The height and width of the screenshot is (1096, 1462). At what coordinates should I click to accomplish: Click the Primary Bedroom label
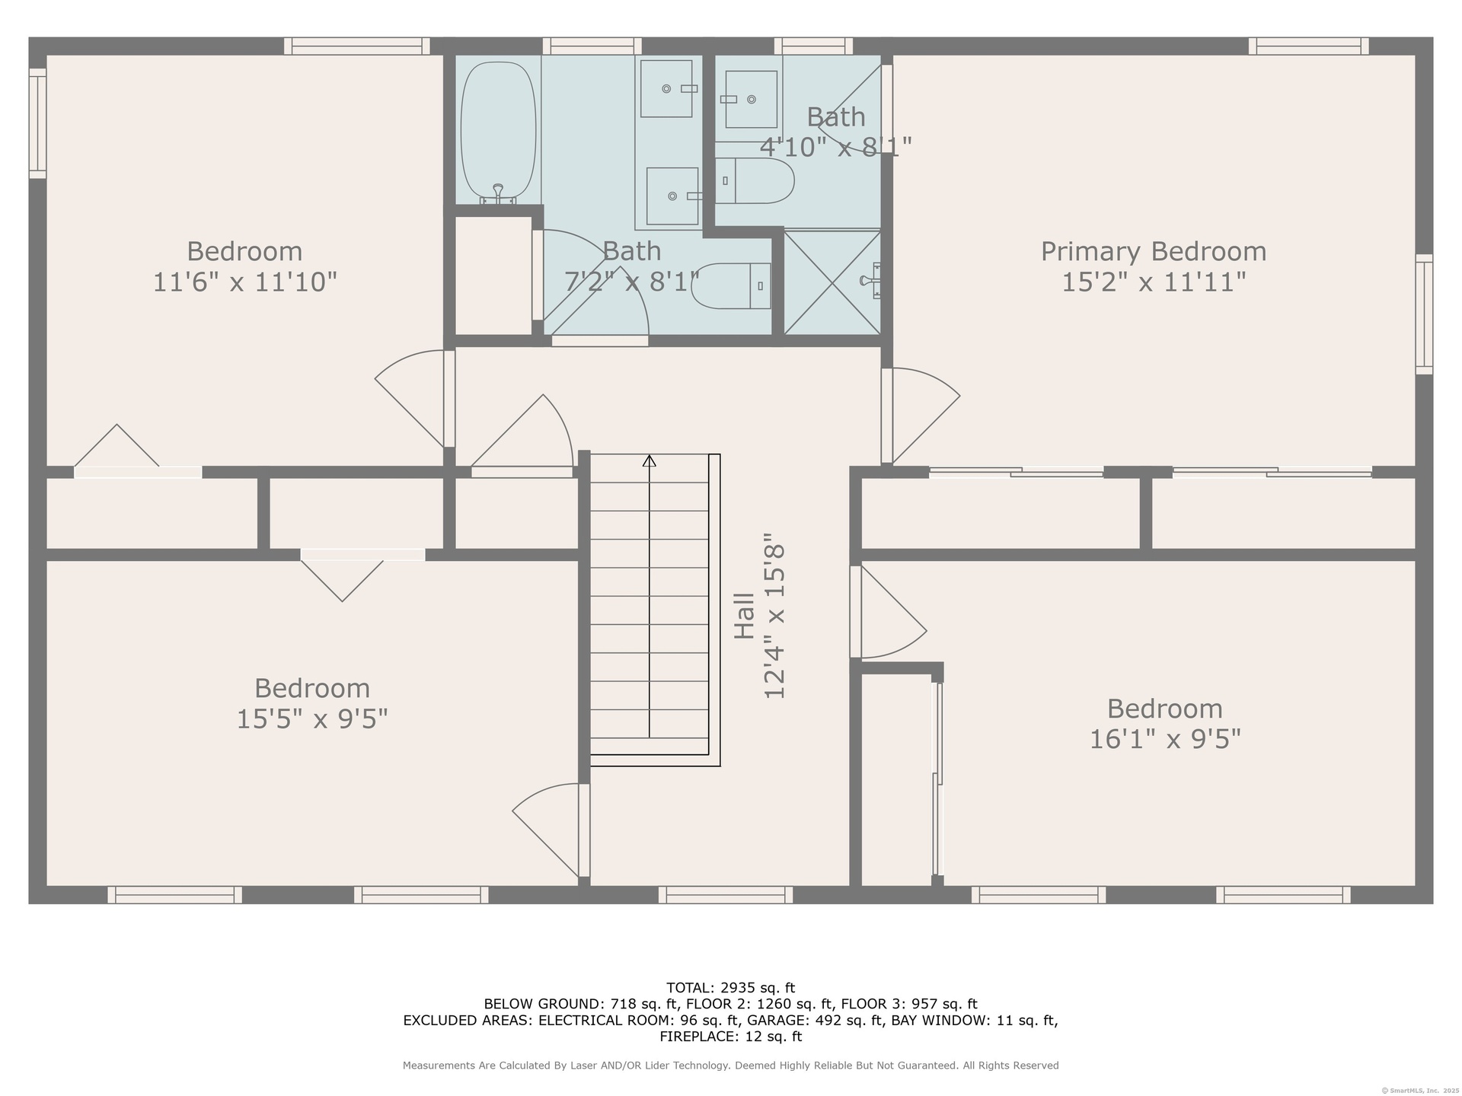pos(1154,251)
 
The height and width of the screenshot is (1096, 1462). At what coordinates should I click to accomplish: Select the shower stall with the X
pos(832,282)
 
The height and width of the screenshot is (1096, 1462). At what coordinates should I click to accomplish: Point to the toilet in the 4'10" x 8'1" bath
pos(755,180)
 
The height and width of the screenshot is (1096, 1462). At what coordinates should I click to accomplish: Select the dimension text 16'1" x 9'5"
pos(1165,739)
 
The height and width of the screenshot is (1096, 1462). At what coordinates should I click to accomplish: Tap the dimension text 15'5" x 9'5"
pos(312,718)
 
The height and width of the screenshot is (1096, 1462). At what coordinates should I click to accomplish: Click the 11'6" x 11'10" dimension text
pos(244,282)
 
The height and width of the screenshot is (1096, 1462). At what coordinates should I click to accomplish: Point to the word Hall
pos(744,616)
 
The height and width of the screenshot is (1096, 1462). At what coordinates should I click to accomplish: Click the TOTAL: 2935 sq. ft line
pos(731,988)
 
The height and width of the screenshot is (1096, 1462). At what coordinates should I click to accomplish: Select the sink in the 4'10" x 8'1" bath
pos(751,99)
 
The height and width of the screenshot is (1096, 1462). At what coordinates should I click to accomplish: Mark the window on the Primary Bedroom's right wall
pos(1424,314)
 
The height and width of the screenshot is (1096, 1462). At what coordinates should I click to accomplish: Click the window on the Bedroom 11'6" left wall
pos(37,123)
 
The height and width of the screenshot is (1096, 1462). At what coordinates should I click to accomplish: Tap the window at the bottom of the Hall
pos(726,895)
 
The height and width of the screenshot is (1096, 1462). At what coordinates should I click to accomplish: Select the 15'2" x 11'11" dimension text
pos(1154,282)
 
